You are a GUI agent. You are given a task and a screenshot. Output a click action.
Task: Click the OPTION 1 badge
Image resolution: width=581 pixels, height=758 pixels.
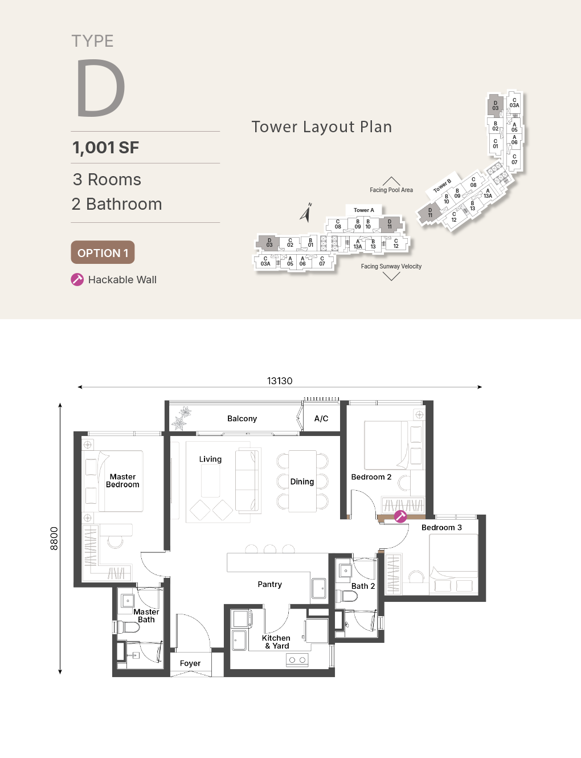103,252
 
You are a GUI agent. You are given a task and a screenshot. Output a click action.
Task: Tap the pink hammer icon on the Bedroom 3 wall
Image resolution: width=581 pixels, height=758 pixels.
400,516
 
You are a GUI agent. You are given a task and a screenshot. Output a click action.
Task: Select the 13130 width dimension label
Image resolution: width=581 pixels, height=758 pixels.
280,381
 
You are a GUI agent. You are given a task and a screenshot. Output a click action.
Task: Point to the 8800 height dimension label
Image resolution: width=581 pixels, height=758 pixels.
54,539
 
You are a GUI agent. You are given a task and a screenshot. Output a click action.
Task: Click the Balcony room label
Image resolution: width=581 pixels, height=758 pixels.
242,418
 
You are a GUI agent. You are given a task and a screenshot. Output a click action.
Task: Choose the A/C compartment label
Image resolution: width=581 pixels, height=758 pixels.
321,418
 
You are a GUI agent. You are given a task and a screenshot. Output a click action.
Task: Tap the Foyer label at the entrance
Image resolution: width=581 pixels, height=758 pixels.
190,663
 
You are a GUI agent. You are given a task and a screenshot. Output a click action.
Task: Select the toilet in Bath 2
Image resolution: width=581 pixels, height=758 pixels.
346,596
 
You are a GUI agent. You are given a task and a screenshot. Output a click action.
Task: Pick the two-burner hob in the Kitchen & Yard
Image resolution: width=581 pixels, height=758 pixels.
297,659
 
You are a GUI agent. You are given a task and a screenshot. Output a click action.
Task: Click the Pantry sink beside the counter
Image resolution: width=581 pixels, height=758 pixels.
319,589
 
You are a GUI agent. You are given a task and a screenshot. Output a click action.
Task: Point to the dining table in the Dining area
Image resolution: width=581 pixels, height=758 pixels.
302,482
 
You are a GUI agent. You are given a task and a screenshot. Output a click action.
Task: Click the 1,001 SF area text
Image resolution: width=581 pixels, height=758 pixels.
105,148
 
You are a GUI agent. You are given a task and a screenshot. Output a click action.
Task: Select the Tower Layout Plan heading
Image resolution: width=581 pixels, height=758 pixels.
322,127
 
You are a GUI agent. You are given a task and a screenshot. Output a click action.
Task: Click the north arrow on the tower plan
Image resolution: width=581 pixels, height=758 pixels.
306,212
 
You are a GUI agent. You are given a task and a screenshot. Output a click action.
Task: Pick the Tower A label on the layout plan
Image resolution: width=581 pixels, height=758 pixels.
363,210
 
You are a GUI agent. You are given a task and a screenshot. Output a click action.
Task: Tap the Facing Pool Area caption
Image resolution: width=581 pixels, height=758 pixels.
391,190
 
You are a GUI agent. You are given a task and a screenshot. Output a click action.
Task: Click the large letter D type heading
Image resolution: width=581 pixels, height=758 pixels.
100,88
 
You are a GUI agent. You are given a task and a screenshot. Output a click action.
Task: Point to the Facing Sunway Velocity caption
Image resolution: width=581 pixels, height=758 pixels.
391,266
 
